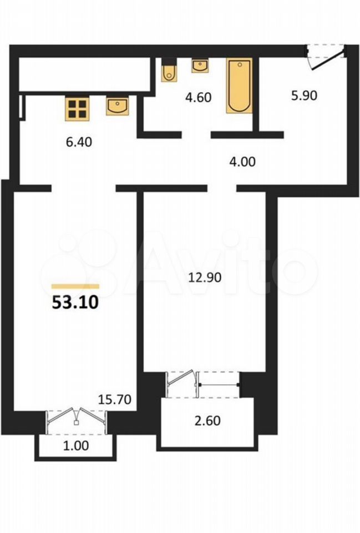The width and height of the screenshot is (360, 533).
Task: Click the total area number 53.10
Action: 75,302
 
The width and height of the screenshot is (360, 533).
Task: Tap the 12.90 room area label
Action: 205,278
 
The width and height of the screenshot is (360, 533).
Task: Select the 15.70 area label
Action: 115,399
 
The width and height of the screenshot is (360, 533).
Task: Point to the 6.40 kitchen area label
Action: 79,142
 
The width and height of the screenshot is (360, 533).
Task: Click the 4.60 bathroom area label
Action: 199,98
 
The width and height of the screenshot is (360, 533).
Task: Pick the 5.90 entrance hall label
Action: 305,95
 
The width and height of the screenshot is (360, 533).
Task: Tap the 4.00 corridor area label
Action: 242,162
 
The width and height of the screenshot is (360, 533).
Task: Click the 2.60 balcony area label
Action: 207,421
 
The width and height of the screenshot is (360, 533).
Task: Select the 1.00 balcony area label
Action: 76,445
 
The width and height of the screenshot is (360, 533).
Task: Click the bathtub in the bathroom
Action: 240,86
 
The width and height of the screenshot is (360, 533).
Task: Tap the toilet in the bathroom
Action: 169,71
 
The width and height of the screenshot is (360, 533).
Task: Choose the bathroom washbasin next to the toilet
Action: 200,66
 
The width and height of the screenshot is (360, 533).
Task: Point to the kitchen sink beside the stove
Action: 117,106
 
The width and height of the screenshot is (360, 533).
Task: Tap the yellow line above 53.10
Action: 75,286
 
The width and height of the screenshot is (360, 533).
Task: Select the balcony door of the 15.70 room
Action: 77,422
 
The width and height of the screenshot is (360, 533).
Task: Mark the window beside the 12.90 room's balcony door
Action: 219,385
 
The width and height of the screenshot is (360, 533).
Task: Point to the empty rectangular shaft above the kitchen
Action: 84,74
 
